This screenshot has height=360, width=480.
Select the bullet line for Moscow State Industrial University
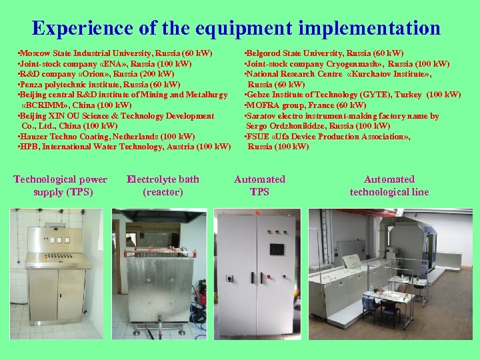pyautogui.click(x=115, y=53)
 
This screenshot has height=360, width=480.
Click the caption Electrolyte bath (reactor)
pyautogui.click(x=163, y=185)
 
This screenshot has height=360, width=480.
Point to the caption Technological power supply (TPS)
pyautogui.click(x=60, y=185)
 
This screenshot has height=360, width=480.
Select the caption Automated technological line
pyautogui.click(x=389, y=185)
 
